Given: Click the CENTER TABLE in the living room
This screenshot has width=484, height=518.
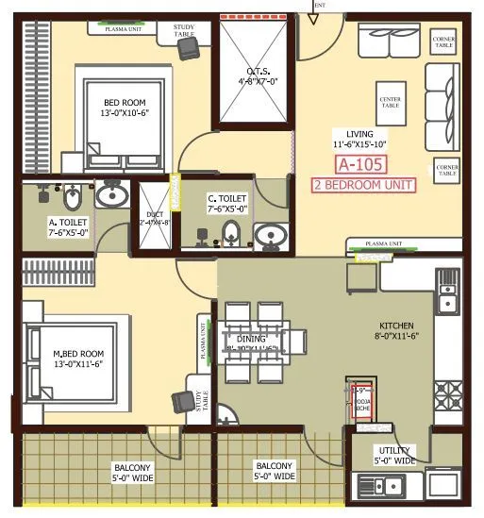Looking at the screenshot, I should pyautogui.click(x=390, y=102).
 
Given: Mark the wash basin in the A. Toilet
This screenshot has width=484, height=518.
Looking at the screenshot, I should pyautogui.click(x=112, y=195).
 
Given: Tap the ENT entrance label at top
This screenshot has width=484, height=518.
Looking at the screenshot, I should pyautogui.click(x=319, y=5).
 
